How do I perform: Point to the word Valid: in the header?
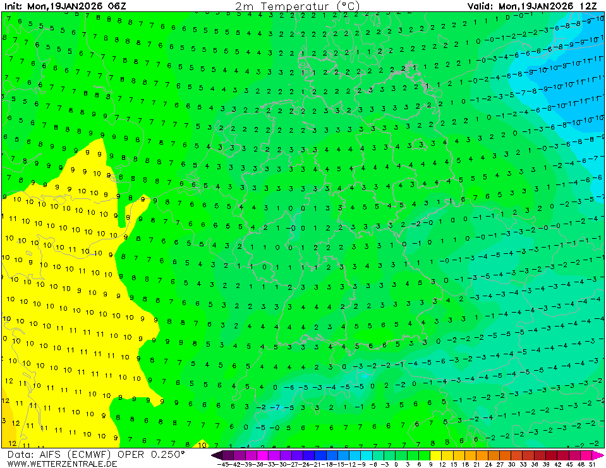(x=480, y=6)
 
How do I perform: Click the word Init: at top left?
(x=13, y=6)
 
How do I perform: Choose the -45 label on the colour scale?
(x=222, y=464)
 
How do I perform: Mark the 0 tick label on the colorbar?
(x=396, y=464)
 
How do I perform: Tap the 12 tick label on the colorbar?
(x=441, y=464)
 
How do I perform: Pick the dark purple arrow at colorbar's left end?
(x=216, y=455)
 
